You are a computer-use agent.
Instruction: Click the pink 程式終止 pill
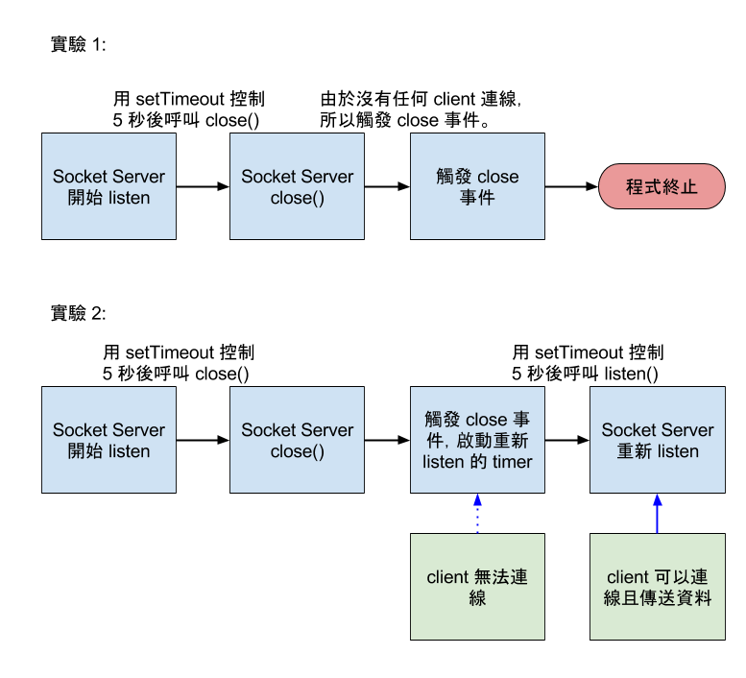coord(662,186)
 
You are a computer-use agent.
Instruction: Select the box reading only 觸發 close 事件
coord(477,186)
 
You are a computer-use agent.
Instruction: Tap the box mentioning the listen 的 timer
coord(477,440)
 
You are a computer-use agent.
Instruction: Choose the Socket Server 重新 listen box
coord(657,440)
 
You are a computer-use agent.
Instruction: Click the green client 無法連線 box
coord(477,587)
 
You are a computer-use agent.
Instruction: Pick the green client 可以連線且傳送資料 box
coord(657,587)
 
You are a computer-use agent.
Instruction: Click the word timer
coord(511,462)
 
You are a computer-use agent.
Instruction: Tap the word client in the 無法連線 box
coord(447,577)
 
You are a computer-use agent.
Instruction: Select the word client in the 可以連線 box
coord(628,577)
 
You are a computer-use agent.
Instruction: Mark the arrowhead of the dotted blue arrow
coord(477,499)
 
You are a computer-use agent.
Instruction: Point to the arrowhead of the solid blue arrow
coord(657,499)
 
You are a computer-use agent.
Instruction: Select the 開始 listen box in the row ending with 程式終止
coord(108,186)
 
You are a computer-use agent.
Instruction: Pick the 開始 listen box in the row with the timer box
coord(108,440)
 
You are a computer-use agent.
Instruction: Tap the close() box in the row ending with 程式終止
coord(297,186)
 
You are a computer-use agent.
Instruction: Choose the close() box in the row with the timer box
coord(297,440)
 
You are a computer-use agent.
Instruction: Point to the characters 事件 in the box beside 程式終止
coord(477,199)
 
